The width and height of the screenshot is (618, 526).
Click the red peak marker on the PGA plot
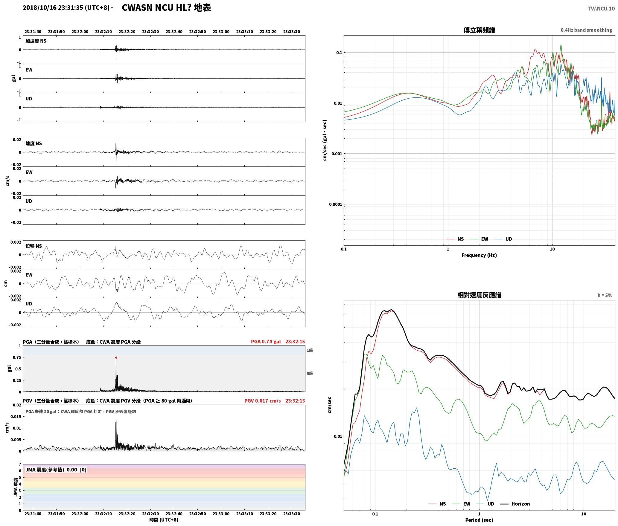[x=116, y=357]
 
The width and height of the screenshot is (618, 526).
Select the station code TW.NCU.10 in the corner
[x=601, y=8]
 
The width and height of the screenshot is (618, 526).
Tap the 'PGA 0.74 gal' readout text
[x=266, y=342]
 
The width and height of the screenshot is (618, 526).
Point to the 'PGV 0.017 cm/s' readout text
[x=262, y=401]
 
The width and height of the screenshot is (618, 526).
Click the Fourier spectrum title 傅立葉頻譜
[x=479, y=30]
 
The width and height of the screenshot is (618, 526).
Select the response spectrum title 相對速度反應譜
[x=479, y=295]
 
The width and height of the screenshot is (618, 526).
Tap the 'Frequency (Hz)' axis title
[x=479, y=255]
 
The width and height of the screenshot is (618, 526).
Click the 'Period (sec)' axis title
[x=479, y=520]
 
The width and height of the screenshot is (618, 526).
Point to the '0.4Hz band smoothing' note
[x=586, y=30]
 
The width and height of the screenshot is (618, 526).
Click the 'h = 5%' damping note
[x=605, y=295]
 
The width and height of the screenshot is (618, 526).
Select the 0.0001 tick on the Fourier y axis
[x=335, y=204]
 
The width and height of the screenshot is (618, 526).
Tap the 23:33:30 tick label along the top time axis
[x=292, y=32]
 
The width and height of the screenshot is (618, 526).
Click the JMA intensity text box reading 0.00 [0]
[x=56, y=470]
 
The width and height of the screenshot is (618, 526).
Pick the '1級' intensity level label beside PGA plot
[x=310, y=350]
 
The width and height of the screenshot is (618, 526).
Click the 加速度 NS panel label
[x=36, y=41]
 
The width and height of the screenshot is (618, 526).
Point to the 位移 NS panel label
[x=34, y=246]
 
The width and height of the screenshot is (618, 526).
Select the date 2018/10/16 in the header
[x=39, y=8]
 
